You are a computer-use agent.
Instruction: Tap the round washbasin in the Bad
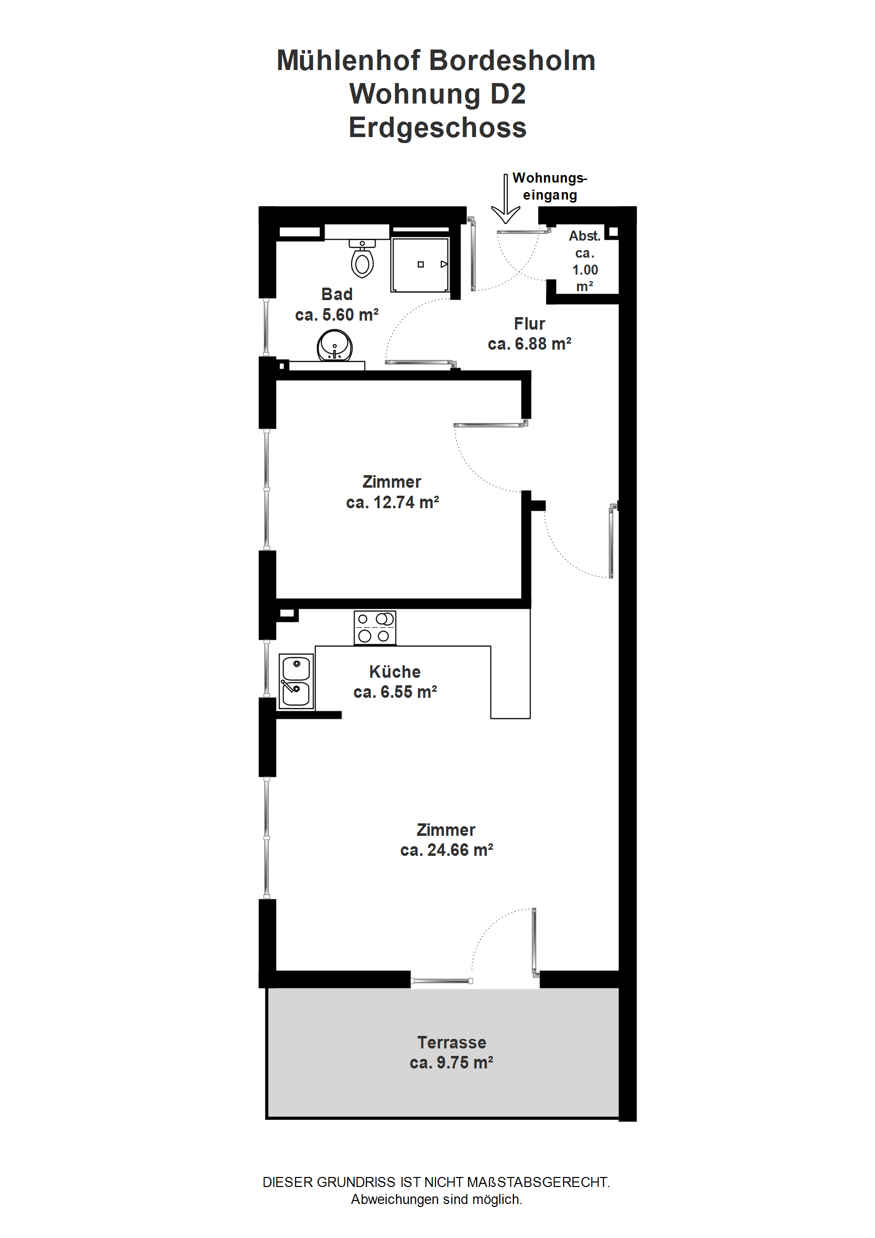pyautogui.click(x=335, y=346)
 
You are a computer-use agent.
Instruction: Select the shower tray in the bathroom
pyautogui.click(x=420, y=265)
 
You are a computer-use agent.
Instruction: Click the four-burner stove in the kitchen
pyautogui.click(x=374, y=628)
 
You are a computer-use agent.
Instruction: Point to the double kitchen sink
pyautogui.click(x=296, y=681)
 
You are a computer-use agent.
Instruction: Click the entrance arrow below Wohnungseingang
pyautogui.click(x=505, y=199)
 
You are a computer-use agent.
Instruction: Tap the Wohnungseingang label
pyautogui.click(x=549, y=186)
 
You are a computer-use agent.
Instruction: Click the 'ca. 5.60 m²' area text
pyautogui.click(x=337, y=315)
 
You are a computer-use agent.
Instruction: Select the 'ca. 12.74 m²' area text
pyautogui.click(x=392, y=503)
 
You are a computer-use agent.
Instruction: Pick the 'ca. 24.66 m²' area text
pyautogui.click(x=446, y=850)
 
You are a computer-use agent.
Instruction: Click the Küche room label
pyautogui.click(x=394, y=672)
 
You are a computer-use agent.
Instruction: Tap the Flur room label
pyautogui.click(x=529, y=324)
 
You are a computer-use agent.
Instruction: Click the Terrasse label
pyautogui.click(x=452, y=1043)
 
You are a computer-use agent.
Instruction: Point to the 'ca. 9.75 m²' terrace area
pyautogui.click(x=452, y=1063)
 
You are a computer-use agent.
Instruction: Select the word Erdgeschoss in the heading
pyautogui.click(x=437, y=128)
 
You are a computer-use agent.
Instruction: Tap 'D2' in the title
pyautogui.click(x=508, y=94)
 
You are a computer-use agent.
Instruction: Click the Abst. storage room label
pyautogui.click(x=585, y=236)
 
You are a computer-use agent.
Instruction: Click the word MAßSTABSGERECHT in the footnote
pyautogui.click(x=538, y=1182)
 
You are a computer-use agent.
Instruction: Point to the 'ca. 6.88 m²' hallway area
pyautogui.click(x=529, y=344)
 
